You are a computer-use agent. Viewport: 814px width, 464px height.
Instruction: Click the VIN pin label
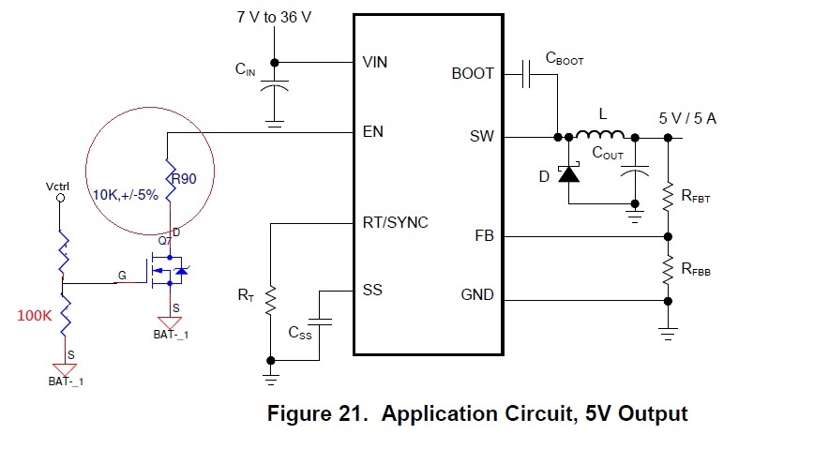374,62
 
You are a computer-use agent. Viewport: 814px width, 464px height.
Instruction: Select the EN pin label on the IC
372,132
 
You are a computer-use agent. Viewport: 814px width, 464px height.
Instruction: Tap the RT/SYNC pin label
395,223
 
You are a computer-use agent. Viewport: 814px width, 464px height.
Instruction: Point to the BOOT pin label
473,74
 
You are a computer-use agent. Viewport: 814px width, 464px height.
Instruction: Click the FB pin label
484,236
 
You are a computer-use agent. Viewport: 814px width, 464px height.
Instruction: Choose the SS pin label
372,290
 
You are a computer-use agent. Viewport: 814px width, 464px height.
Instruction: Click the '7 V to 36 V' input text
274,17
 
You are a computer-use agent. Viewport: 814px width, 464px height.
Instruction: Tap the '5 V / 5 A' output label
687,118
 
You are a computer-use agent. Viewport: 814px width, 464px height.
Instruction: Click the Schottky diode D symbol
568,173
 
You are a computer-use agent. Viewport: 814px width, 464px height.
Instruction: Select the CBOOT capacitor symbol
526,74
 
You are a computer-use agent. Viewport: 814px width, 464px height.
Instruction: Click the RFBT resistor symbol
668,197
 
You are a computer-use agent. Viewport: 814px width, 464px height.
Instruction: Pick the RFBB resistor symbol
668,270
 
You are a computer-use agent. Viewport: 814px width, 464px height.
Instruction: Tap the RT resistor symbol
270,301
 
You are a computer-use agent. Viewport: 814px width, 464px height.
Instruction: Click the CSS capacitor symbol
319,322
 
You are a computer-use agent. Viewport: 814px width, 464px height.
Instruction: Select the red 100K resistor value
35,316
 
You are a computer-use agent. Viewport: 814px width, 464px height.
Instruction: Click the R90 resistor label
184,179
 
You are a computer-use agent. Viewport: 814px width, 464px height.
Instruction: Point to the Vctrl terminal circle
60,198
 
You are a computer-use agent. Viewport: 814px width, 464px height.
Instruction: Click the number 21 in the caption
350,413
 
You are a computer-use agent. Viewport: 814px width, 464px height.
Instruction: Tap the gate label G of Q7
122,275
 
